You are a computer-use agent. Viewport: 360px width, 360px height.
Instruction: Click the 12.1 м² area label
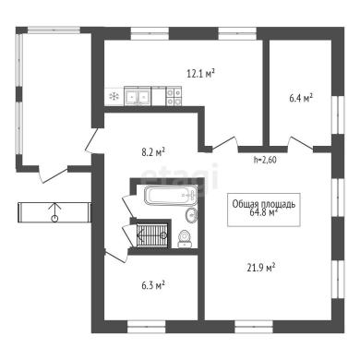tap(200, 74)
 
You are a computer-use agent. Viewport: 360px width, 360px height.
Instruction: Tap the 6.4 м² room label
tap(301, 99)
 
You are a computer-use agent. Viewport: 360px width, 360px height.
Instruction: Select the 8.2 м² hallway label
tap(153, 152)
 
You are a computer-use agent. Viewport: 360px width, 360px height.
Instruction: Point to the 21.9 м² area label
tap(261, 268)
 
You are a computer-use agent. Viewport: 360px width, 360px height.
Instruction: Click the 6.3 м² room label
tap(153, 285)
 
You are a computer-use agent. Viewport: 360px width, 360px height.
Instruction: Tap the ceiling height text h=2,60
tap(265, 160)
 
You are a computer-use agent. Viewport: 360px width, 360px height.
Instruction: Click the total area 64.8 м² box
tap(264, 210)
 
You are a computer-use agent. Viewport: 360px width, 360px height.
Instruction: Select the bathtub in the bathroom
tap(171, 196)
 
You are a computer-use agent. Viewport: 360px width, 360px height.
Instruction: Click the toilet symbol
tap(186, 239)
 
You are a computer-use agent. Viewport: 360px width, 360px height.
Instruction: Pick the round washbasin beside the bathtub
tap(191, 214)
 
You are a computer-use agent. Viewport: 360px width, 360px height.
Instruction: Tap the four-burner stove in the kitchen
tap(174, 96)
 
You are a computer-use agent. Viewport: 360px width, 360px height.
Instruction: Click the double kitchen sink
tap(138, 96)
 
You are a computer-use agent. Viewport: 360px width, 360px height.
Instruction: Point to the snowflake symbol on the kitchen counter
tap(114, 97)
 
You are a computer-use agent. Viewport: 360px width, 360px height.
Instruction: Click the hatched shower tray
tap(152, 235)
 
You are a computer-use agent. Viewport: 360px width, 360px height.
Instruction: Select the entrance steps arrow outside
tap(54, 212)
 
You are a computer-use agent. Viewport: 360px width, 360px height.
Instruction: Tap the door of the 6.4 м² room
tap(300, 144)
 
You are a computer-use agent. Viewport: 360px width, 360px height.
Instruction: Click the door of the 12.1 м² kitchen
tap(225, 144)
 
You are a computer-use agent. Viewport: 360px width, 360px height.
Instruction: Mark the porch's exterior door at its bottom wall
tap(53, 174)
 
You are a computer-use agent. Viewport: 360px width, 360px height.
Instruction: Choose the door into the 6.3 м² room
tap(115, 256)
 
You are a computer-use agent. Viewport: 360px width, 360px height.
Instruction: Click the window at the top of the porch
tap(54, 30)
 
